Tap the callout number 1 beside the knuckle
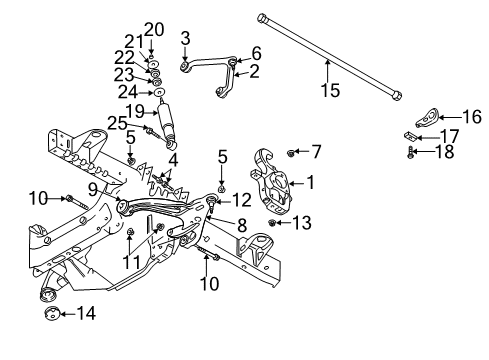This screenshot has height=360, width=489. tap(309, 182)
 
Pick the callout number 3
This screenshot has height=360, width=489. tap(184, 39)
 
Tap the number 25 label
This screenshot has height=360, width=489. tap(117, 123)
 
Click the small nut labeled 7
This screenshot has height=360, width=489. tap(290, 152)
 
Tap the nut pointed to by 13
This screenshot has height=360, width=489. tap(272, 221)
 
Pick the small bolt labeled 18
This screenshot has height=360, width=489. tap(411, 152)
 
